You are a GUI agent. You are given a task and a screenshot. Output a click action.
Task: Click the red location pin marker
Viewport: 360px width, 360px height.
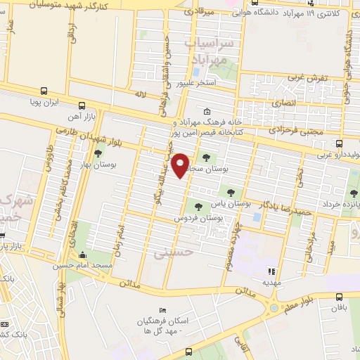click(181, 165)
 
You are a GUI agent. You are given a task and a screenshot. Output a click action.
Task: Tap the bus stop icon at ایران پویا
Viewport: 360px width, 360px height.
click(44, 91)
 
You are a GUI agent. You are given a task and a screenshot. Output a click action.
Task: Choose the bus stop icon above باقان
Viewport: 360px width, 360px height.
click(340, 297)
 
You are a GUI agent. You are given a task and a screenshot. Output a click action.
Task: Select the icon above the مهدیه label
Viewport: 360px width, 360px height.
click(271, 271)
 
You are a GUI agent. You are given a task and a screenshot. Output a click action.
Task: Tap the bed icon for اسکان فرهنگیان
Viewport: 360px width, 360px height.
click(163, 311)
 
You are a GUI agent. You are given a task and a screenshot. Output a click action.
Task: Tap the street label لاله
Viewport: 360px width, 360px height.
click(140, 93)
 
